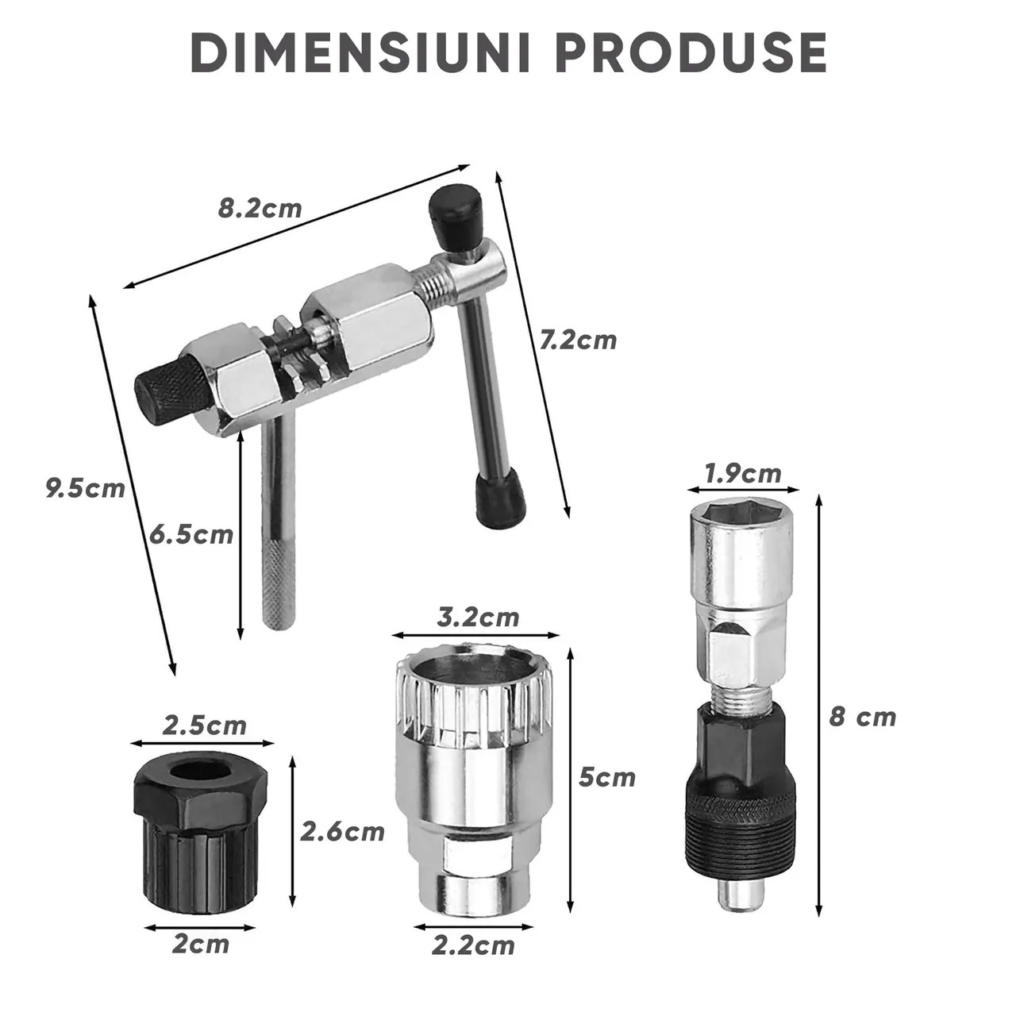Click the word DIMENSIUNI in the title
360,54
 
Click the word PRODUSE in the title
691,54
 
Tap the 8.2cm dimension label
260,209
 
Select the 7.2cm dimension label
578,340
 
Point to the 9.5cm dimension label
86,488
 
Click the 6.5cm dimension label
190,535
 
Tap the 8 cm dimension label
863,717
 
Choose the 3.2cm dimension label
478,617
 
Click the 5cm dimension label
607,777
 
